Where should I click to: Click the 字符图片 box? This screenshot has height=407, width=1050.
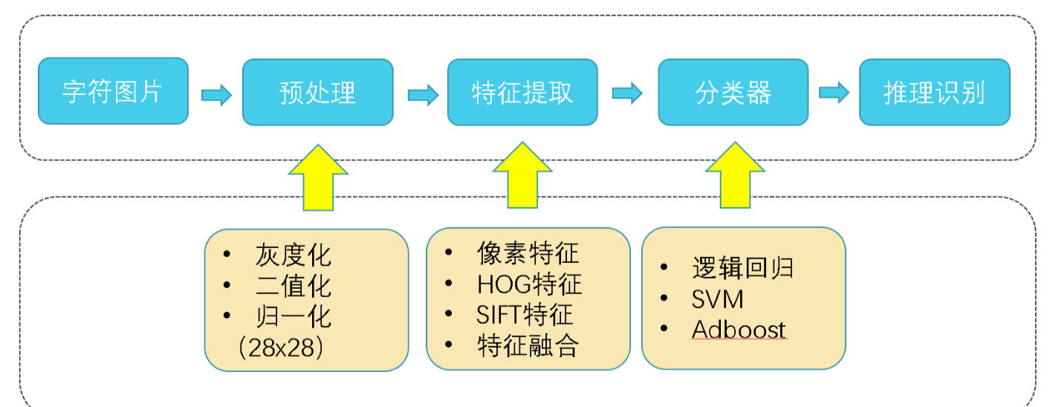click(x=113, y=91)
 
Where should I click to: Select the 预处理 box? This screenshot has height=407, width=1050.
click(x=318, y=92)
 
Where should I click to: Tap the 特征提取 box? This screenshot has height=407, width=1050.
click(x=522, y=92)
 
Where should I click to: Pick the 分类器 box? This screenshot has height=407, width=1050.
click(x=733, y=92)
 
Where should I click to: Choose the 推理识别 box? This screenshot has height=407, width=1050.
click(x=935, y=92)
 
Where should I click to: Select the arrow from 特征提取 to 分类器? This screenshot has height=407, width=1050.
click(x=627, y=93)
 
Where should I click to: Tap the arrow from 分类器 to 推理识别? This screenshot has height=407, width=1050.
click(x=834, y=92)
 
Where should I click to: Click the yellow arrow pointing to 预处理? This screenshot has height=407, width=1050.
click(x=318, y=178)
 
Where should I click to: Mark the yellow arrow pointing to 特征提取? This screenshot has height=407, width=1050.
click(x=522, y=175)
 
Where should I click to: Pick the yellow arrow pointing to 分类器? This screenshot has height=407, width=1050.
click(x=735, y=175)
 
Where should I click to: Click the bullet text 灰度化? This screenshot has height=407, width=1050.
click(x=294, y=255)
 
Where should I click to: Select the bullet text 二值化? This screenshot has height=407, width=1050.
click(x=294, y=286)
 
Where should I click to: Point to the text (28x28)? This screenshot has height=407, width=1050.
click(x=281, y=348)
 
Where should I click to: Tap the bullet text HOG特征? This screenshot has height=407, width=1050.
click(x=529, y=284)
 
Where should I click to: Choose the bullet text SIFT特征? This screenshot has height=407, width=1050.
click(x=525, y=315)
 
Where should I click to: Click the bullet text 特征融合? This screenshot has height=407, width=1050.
click(x=528, y=345)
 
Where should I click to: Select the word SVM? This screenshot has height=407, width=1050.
click(x=718, y=299)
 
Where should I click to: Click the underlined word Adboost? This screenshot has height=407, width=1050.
click(x=739, y=330)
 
